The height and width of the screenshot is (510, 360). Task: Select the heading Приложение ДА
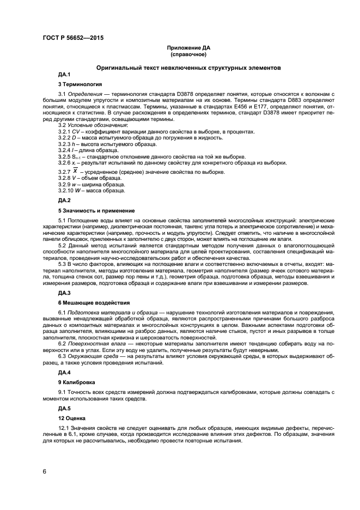point(188,48)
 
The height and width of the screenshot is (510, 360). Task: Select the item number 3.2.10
point(66,190)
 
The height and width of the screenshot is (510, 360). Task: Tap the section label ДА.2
point(65,201)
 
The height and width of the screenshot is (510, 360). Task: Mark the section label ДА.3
point(65,293)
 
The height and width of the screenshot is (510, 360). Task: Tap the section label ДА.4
point(65,372)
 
